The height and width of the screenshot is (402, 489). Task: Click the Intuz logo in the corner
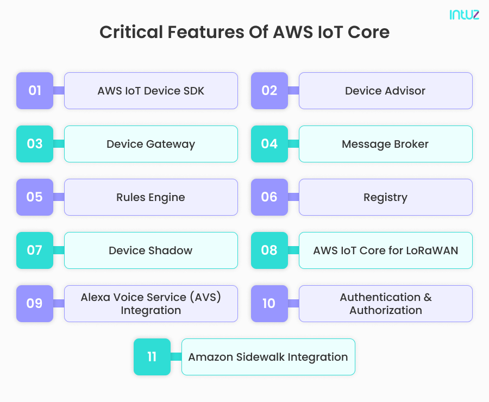coord(464,15)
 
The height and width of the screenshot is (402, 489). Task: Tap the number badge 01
coord(35,91)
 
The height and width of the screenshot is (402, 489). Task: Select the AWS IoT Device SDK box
coord(151,91)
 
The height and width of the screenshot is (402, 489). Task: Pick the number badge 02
coord(269,91)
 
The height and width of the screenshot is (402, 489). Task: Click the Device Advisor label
coord(385,91)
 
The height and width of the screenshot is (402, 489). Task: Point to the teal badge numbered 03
coord(35,144)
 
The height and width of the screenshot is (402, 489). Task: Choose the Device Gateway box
coord(151,144)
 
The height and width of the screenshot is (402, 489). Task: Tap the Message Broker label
coord(385,144)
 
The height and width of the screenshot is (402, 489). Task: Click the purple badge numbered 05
coord(35,197)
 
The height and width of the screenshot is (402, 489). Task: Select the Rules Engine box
coord(151,197)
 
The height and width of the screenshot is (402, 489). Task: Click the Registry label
coord(385,197)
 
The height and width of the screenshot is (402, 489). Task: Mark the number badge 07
coord(35,250)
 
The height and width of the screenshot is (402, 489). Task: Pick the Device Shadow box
coord(151,250)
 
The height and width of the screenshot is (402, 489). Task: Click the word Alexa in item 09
coord(96,297)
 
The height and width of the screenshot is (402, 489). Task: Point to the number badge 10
coord(269,304)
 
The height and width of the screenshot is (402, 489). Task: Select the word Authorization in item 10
coord(385,310)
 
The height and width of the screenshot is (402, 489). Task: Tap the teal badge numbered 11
coord(152,357)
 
